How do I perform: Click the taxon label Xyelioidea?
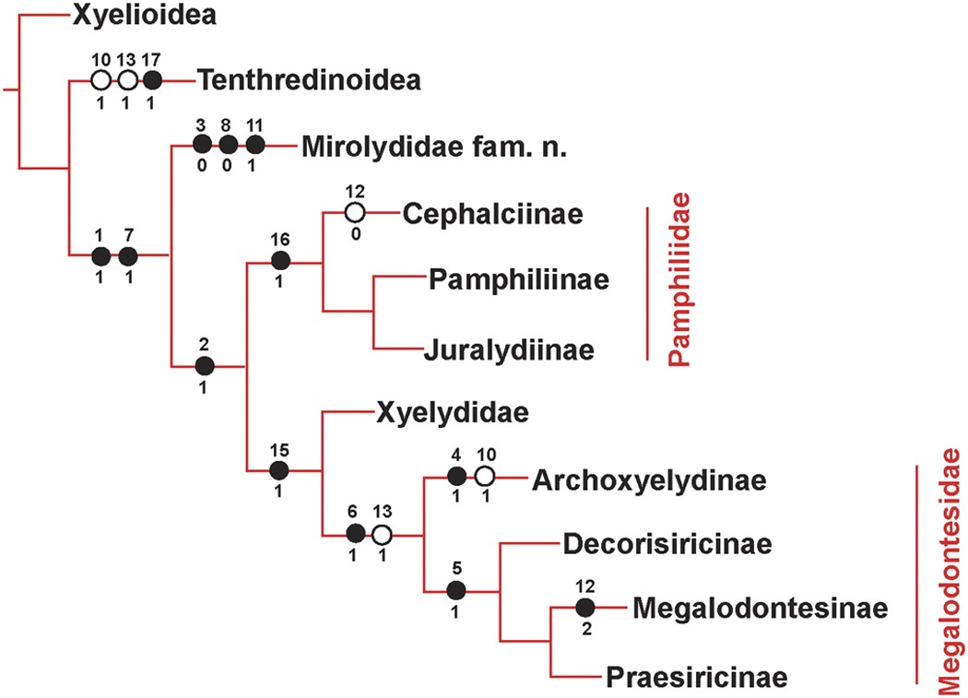146,16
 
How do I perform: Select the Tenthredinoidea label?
309,81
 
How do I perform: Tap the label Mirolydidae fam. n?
410,147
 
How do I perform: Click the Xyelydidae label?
453,412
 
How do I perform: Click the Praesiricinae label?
697,678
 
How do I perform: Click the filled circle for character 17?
154,81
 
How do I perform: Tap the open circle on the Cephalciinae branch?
354,213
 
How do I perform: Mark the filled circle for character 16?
281,262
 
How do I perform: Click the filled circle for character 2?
205,366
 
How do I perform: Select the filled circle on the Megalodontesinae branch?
584,609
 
